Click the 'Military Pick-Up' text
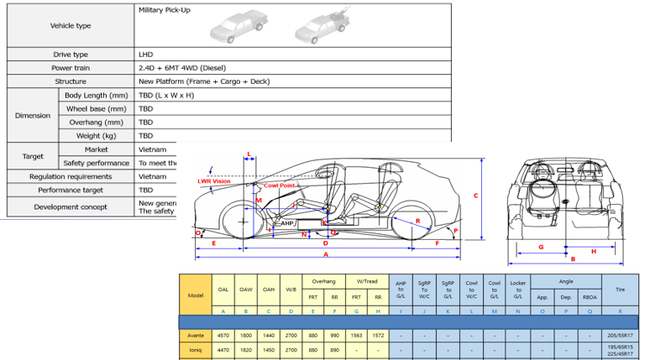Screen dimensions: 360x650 (x=167, y=12)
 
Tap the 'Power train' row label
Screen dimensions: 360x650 (x=71, y=67)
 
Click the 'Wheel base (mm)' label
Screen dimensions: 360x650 (x=96, y=108)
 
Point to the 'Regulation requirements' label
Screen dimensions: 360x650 (x=71, y=176)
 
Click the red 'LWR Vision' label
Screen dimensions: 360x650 (x=213, y=180)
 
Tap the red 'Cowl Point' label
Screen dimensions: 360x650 (x=278, y=185)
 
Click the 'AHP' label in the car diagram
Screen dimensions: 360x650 (x=288, y=223)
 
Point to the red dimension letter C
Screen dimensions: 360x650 (x=476, y=196)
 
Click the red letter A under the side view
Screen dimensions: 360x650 (x=325, y=253)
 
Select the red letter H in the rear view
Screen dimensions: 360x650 (x=593, y=251)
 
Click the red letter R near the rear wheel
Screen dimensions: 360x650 (x=418, y=221)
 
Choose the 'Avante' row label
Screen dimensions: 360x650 (x=196, y=334)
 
